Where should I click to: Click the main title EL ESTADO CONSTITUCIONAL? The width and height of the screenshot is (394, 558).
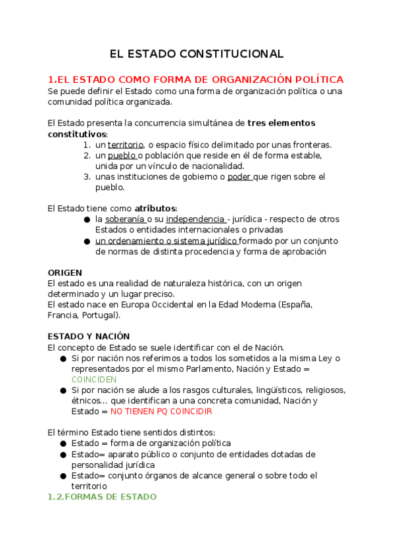(x=197, y=54)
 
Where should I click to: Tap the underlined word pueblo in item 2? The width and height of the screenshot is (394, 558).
(x=122, y=155)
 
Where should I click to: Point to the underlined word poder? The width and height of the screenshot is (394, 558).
(x=239, y=176)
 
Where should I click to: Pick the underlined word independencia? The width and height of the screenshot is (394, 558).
(x=195, y=219)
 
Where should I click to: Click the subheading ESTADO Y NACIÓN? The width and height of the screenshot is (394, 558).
(x=89, y=336)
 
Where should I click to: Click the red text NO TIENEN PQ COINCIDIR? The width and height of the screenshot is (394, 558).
(x=161, y=411)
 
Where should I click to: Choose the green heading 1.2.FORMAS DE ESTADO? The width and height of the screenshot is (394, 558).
(x=102, y=497)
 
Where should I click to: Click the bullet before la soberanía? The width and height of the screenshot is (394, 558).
(x=87, y=220)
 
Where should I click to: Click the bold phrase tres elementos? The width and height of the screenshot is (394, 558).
(x=272, y=123)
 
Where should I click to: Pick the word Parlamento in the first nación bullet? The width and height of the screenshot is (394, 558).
(x=201, y=369)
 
